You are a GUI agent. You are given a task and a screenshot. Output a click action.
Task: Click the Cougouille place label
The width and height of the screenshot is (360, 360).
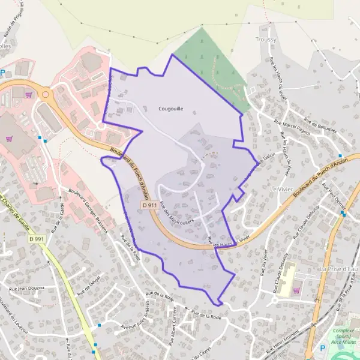[170, 109]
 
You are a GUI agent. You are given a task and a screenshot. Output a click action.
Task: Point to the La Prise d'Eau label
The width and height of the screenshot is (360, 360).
[339, 268]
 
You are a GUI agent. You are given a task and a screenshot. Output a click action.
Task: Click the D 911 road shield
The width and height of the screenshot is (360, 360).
[151, 205]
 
